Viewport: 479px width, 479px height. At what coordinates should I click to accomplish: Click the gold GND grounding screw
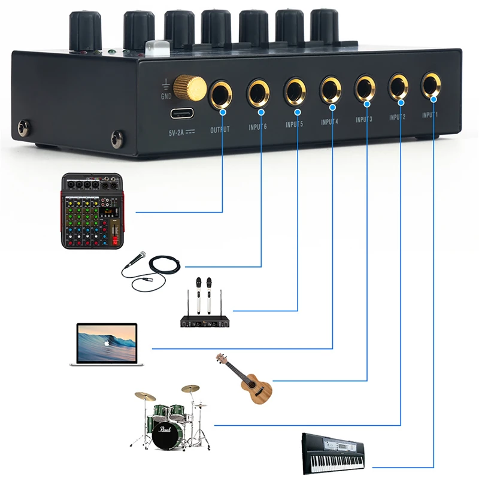(190, 87)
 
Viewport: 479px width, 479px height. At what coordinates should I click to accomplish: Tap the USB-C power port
(183, 113)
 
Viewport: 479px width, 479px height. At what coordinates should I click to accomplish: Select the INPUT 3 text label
(364, 120)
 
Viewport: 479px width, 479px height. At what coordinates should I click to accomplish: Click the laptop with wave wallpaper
(107, 344)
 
